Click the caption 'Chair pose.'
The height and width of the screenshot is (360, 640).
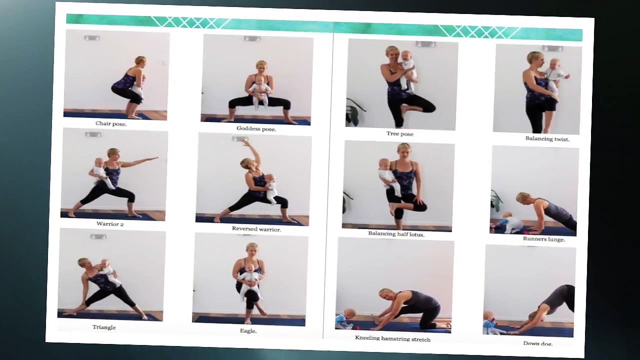point(111,123)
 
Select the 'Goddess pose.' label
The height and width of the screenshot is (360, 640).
point(256,128)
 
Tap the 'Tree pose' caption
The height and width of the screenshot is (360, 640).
point(400,133)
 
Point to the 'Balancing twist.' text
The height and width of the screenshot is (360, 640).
point(547,138)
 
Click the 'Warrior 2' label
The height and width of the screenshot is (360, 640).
point(110,224)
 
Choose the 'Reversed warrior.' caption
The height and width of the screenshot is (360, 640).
point(256,229)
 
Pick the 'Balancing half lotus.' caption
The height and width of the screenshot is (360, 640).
point(396,233)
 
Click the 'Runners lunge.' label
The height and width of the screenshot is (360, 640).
point(543,239)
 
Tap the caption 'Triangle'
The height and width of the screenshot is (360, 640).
point(104,327)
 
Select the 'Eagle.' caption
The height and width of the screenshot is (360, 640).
point(248,330)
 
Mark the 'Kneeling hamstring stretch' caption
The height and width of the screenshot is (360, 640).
point(392,338)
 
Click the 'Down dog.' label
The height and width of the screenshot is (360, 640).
point(537,343)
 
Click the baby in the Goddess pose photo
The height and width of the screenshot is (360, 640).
point(259,90)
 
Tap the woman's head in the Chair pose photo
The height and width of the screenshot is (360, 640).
point(140,61)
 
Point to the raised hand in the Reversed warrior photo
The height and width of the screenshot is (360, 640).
point(246,142)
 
